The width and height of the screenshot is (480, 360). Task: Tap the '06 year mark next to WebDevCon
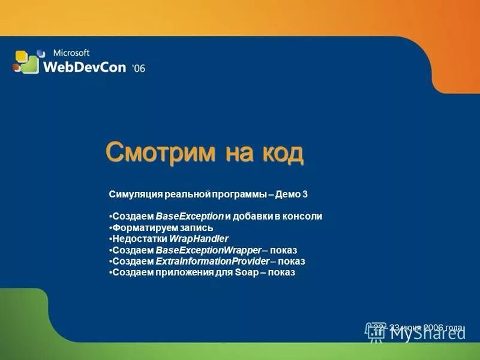click(138, 68)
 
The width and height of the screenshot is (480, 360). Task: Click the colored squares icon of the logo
click(26, 62)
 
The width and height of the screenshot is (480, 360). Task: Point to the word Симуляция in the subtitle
click(132, 194)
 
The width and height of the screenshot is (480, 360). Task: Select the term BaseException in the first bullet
click(189, 217)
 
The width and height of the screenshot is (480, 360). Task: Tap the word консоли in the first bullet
click(304, 217)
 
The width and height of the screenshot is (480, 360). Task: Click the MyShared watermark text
click(427, 333)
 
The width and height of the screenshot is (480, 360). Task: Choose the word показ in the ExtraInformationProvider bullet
click(292, 262)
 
